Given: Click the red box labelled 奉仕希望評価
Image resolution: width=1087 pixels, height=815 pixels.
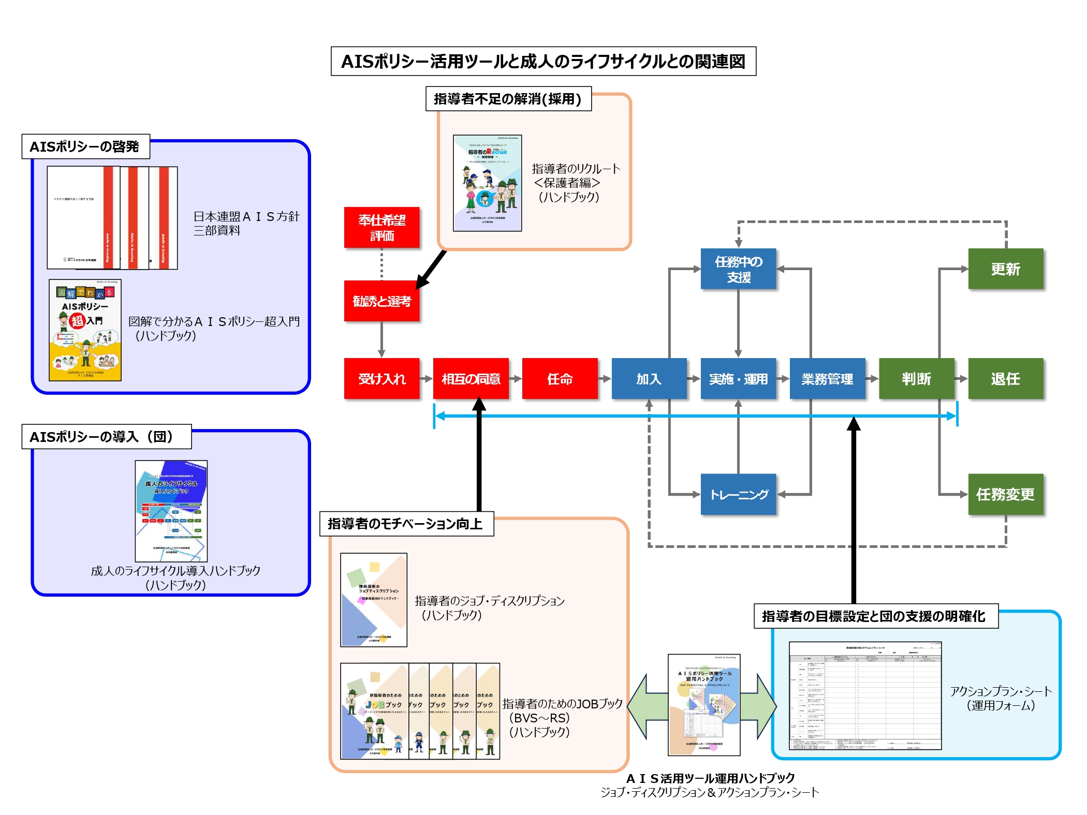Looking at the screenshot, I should (381, 228).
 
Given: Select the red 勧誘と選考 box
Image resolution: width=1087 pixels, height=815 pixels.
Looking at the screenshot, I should (381, 301).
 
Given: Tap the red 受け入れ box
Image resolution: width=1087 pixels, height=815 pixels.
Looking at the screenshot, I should (381, 379).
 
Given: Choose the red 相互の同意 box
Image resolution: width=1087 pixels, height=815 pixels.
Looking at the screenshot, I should (471, 379).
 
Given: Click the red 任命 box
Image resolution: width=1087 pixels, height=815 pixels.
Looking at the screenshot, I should (560, 379).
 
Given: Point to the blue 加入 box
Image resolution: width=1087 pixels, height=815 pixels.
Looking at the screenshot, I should (649, 379).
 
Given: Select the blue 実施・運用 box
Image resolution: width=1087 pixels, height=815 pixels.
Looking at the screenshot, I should (738, 379).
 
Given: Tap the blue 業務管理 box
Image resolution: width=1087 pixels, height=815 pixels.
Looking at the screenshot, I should (827, 379).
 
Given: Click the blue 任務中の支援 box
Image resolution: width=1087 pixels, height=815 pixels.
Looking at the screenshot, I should (738, 269).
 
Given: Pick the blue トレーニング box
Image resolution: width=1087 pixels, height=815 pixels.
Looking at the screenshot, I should (738, 495).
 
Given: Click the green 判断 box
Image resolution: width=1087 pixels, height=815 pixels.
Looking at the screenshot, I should (916, 379).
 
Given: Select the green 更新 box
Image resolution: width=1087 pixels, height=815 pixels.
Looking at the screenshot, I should (1005, 269).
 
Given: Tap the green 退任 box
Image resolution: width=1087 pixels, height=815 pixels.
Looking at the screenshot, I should (1005, 379).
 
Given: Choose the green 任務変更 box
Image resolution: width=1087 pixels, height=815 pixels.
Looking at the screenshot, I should (1005, 495).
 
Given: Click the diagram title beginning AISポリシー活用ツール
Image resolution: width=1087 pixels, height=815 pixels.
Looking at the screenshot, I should (543, 62).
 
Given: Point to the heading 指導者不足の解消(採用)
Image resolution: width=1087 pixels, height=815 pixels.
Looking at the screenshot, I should (508, 99).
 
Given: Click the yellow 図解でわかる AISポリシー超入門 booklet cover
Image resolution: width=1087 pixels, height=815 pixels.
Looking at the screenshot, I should (85, 331).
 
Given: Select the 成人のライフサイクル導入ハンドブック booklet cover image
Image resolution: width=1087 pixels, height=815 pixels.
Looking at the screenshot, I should (171, 511).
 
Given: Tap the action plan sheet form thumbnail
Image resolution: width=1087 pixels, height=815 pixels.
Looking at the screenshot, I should (865, 695).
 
